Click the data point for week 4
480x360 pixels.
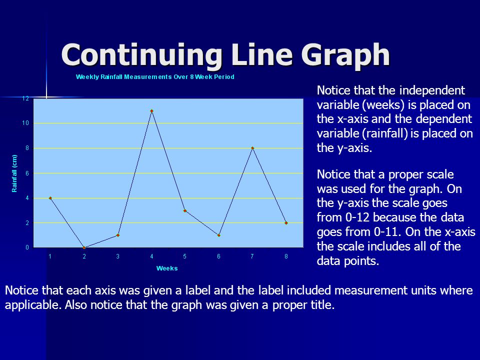151,111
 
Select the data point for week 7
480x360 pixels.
252,148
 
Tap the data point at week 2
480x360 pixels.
84,247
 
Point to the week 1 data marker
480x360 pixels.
50,198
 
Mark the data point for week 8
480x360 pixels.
286,223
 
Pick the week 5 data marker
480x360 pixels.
185,210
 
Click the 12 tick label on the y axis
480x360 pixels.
25,98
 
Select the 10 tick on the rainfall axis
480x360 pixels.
25,123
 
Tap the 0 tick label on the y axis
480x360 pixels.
27,247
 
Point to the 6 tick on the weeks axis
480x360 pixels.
218,256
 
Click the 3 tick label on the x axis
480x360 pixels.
117,256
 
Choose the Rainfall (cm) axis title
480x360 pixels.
14,173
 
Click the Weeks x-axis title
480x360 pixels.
167,268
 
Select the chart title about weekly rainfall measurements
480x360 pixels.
155,77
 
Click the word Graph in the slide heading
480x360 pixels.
345,55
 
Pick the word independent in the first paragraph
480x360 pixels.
432,90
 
